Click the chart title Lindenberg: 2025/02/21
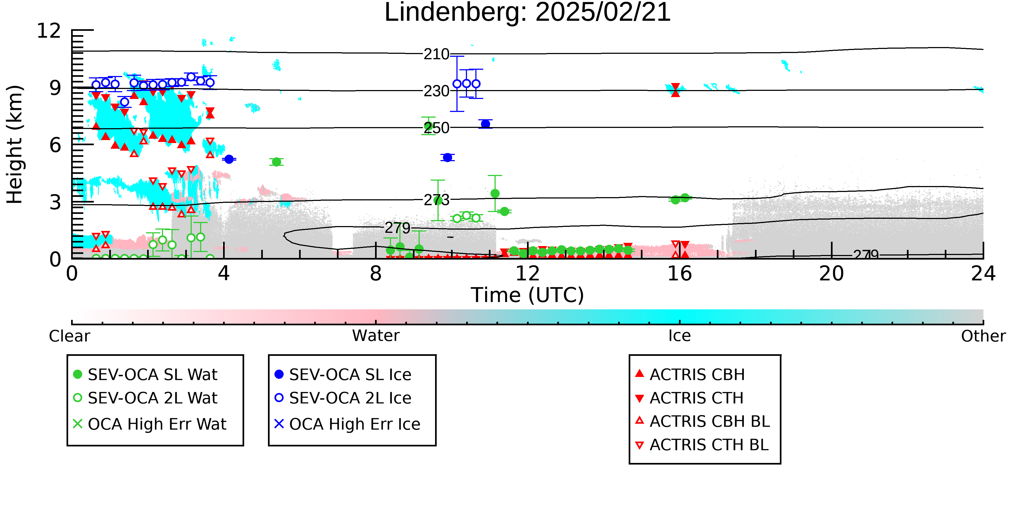tap(528, 13)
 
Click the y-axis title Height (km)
tap(15, 144)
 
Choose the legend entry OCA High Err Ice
tap(347, 424)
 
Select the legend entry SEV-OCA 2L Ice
tap(343, 398)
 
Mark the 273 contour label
tap(436, 200)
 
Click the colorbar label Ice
tap(680, 336)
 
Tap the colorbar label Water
tap(376, 336)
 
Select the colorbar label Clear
tap(69, 336)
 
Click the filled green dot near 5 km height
tap(276, 162)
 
